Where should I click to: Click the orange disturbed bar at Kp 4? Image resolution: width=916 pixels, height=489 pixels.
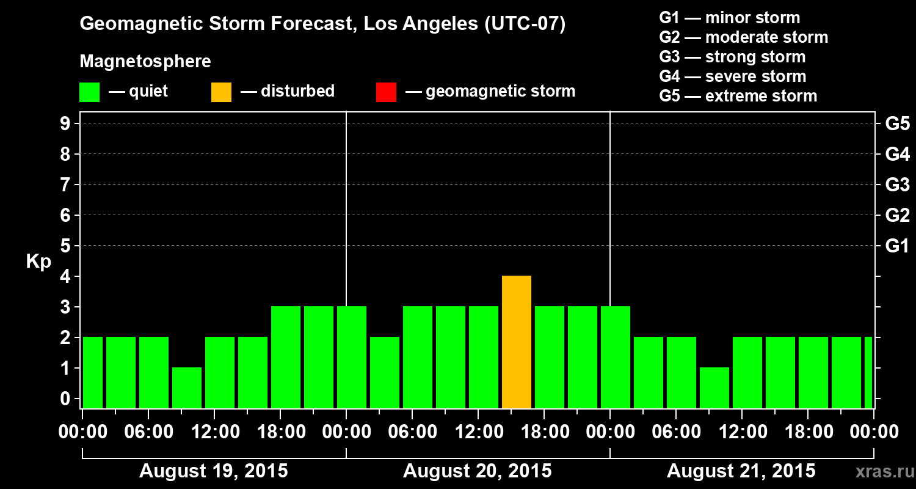517,342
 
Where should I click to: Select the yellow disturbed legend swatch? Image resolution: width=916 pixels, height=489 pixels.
221,92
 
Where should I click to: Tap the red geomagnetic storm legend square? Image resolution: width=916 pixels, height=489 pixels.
386,92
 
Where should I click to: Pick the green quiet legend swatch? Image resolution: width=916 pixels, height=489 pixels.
89,92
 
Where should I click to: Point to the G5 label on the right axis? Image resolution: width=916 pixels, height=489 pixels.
897,124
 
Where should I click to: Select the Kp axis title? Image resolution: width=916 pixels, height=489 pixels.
38,262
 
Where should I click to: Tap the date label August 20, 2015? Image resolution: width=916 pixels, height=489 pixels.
478,471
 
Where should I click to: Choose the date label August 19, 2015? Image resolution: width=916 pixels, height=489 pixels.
214,471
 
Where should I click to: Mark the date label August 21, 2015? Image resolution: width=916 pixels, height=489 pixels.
741,471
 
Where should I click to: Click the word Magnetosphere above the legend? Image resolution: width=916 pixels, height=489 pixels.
145,62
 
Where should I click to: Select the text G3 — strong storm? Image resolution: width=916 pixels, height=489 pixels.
732,57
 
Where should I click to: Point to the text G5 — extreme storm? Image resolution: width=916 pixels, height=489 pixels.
738,96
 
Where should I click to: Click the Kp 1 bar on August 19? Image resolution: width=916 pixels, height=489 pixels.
187,388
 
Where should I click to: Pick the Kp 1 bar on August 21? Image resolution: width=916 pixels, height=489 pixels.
714,388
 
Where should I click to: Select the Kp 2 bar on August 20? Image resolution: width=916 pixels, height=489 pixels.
385,372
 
